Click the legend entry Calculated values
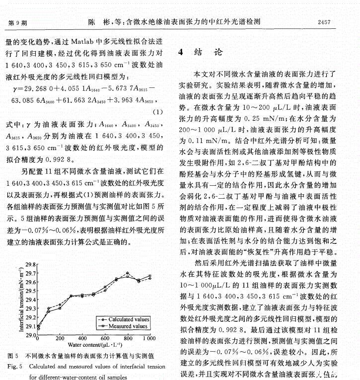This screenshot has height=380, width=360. (129, 319)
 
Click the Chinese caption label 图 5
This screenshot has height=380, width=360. (14, 356)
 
